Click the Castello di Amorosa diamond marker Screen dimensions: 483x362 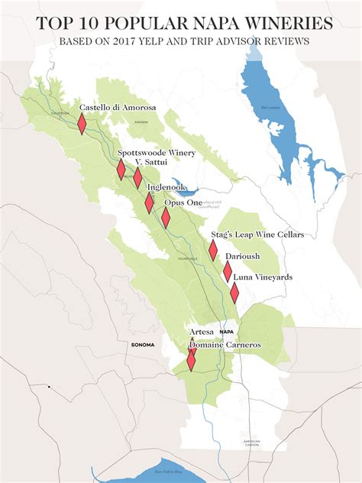82,124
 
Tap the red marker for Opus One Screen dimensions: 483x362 166,218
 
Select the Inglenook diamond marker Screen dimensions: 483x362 150,203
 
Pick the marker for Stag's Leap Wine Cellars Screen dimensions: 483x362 214,251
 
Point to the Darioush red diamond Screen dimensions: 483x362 228,271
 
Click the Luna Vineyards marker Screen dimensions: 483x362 234,293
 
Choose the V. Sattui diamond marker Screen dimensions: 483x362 137,177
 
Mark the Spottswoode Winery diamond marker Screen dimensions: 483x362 121,170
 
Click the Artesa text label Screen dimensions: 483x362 201,332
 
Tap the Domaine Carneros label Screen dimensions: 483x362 225,345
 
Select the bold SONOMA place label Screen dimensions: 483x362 142,345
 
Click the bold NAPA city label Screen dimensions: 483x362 226,332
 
